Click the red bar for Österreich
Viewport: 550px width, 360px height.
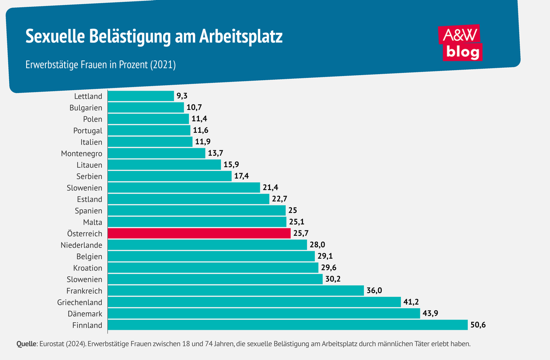[199, 234]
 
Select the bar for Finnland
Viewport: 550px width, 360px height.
[287, 325]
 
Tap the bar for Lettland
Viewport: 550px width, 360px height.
[141, 96]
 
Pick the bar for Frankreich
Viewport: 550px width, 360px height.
[236, 291]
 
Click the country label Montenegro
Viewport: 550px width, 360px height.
[82, 153]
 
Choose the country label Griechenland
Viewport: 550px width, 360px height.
[80, 302]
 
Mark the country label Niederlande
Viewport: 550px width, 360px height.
[82, 245]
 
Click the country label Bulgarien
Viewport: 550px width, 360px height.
[85, 108]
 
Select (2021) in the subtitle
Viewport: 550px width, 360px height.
[163, 65]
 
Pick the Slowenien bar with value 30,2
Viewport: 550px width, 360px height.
[214, 279]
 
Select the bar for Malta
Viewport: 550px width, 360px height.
[197, 222]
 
